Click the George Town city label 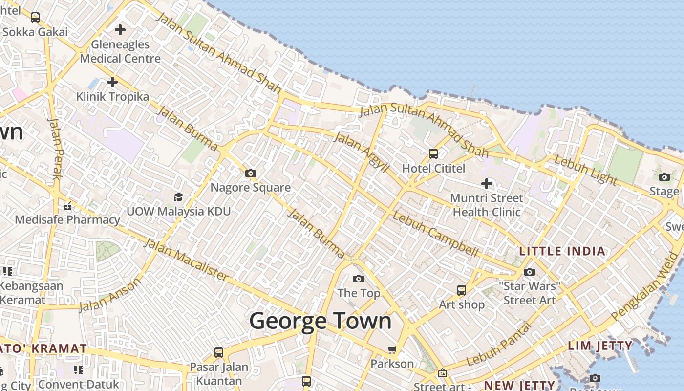coord(321,321)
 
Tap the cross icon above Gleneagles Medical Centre coord(120,30)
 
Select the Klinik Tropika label coord(112,96)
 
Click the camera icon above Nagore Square coord(251,174)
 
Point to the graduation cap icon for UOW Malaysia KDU coord(178,197)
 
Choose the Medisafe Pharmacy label coord(67,219)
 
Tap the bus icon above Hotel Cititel coord(433,154)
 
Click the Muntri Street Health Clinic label coord(487,205)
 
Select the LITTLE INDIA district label coord(562,251)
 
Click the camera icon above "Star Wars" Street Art coord(530,272)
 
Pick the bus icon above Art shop coord(461,290)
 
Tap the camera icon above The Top coord(359,279)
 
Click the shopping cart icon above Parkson coord(392,349)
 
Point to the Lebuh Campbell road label coord(435,235)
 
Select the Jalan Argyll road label coord(361,152)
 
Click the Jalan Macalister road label coord(186,260)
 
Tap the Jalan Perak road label coord(55,149)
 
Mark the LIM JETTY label coord(600,346)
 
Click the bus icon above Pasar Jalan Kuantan coord(219,352)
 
